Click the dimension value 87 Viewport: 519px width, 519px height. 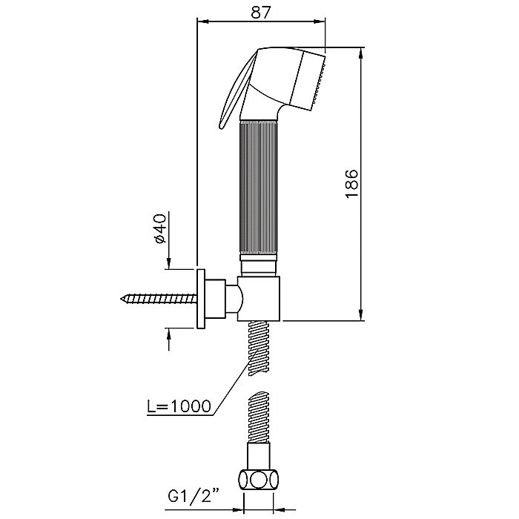(x=260, y=13)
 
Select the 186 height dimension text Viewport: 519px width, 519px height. (x=351, y=184)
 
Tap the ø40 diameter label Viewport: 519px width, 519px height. (x=161, y=229)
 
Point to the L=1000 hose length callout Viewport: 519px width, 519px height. (x=179, y=406)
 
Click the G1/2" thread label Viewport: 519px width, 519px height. (x=194, y=496)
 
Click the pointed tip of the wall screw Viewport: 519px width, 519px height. (x=121, y=299)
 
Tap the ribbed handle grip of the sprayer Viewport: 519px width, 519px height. (x=259, y=188)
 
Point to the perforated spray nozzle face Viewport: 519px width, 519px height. (x=319, y=80)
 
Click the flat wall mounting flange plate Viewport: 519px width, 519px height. (x=201, y=299)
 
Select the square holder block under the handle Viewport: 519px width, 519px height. (x=259, y=298)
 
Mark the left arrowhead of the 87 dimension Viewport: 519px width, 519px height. (x=202, y=22)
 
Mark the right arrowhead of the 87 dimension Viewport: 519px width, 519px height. (x=320, y=22)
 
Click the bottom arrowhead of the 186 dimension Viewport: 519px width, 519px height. (x=362, y=315)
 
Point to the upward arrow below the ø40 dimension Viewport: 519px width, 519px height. (x=169, y=339)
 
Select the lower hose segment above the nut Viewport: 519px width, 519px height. (x=259, y=417)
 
